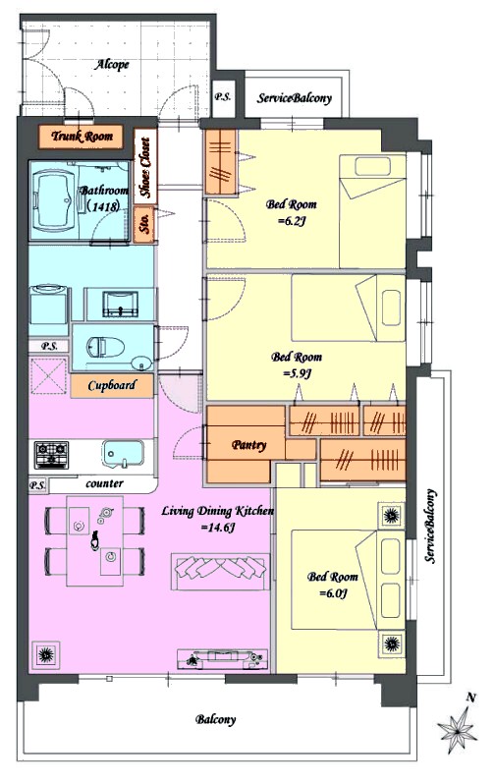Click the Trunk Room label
click(82, 137)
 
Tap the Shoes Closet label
click(145, 167)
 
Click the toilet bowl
click(105, 347)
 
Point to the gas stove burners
click(51, 455)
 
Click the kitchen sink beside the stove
click(123, 454)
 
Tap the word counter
click(104, 483)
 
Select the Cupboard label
click(111, 385)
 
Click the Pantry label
click(249, 445)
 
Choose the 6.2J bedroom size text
click(292, 220)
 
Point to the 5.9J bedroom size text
click(297, 373)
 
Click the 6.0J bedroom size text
click(333, 593)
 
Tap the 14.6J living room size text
click(218, 528)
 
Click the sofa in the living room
click(220, 571)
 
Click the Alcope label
click(112, 65)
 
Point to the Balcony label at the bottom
click(215, 719)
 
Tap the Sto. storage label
click(145, 225)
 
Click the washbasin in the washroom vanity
click(120, 304)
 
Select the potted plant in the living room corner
click(45, 652)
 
